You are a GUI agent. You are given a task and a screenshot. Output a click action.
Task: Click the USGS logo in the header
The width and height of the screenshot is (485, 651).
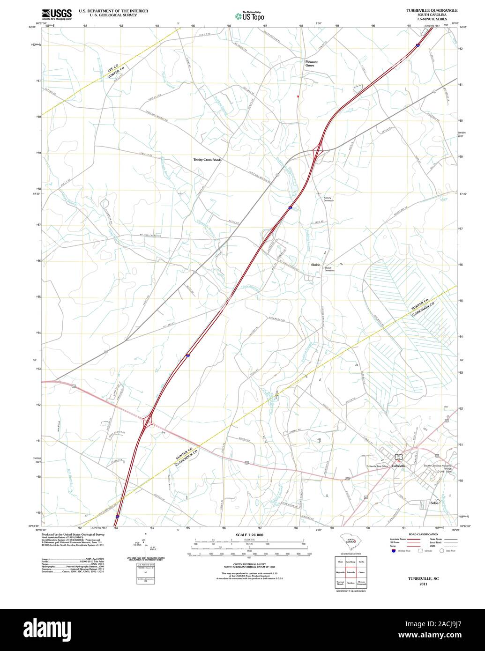pyautogui.click(x=57, y=14)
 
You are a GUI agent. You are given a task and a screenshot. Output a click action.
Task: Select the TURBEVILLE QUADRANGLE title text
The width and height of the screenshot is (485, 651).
pyautogui.click(x=432, y=10)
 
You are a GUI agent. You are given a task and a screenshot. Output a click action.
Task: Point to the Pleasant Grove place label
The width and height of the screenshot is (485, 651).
pyautogui.click(x=311, y=64)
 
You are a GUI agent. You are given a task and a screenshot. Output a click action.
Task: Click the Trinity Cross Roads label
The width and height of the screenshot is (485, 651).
pyautogui.click(x=207, y=160)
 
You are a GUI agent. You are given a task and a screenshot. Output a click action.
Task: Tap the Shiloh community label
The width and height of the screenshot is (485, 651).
pyautogui.click(x=316, y=265)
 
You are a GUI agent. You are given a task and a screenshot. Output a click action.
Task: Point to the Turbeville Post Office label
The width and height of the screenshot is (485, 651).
pyautogui.click(x=377, y=466)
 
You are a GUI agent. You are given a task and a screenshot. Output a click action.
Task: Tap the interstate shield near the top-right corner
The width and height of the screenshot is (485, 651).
pyautogui.click(x=418, y=45)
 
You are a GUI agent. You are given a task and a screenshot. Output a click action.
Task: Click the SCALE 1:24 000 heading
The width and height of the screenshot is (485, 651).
pyautogui.click(x=249, y=535)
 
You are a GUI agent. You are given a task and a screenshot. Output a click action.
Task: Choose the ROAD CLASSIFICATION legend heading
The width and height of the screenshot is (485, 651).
pyautogui.click(x=423, y=534)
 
